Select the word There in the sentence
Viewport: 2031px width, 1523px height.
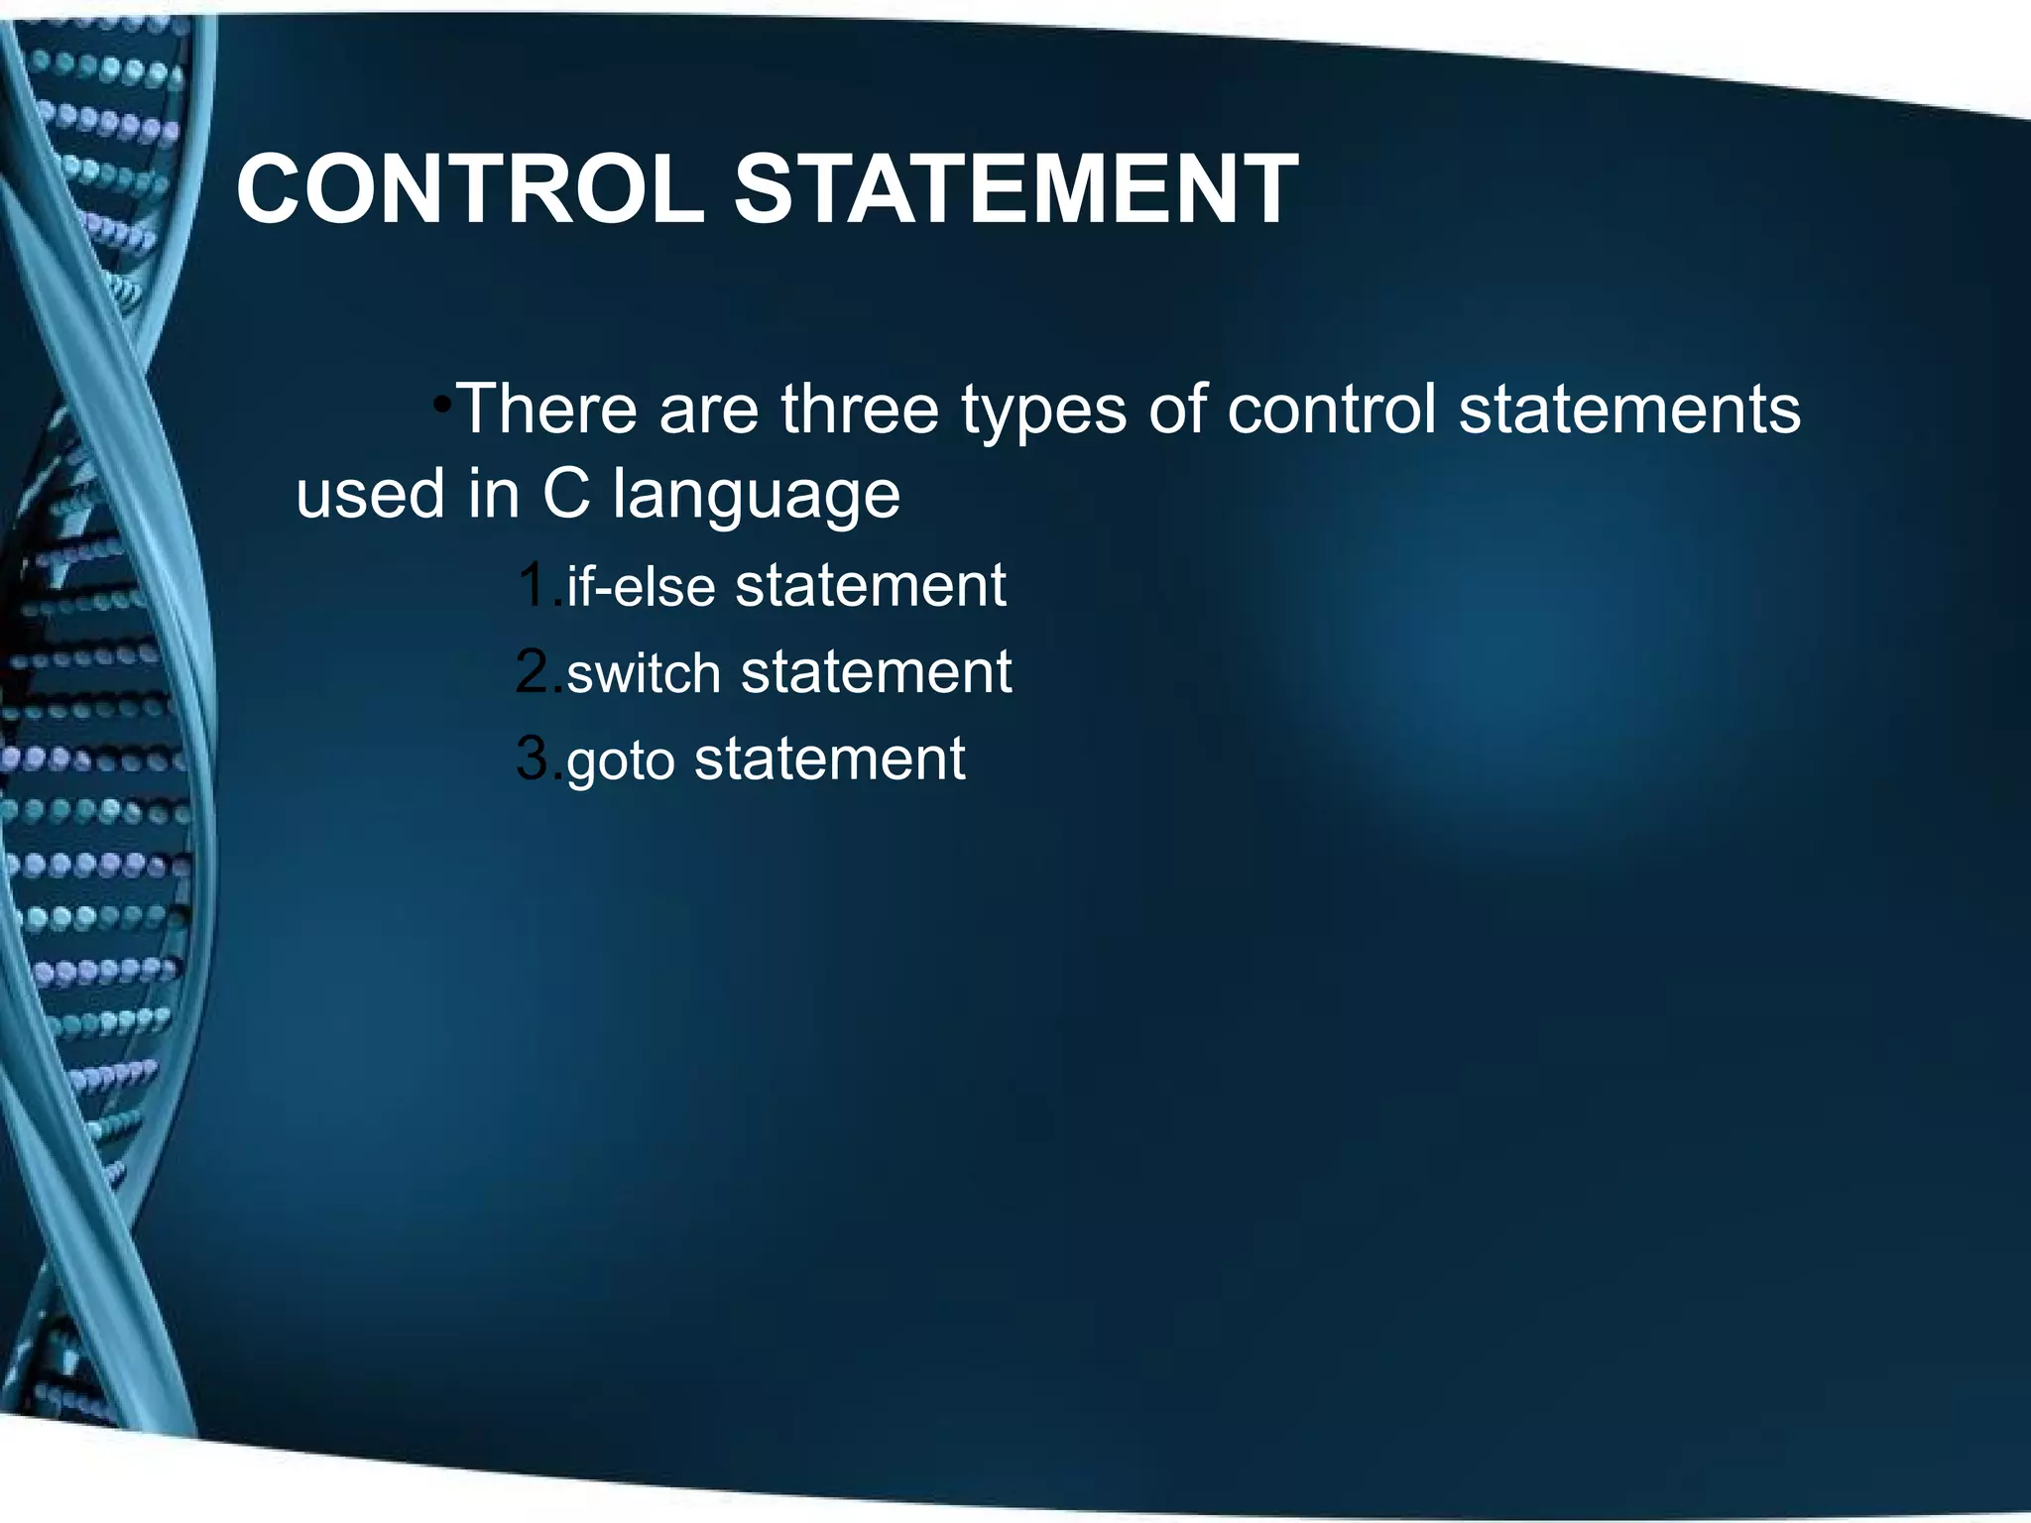pos(547,409)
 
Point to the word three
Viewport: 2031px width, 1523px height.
pos(859,409)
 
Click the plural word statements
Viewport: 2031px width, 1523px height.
pos(1628,409)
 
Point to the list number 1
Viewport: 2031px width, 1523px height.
pos(534,585)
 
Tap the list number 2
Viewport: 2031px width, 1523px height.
pos(534,672)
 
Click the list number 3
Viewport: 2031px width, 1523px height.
pos(534,760)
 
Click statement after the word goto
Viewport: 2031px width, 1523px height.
pos(829,760)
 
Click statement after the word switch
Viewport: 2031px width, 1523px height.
pos(876,672)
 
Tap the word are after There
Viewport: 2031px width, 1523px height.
pos(708,410)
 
